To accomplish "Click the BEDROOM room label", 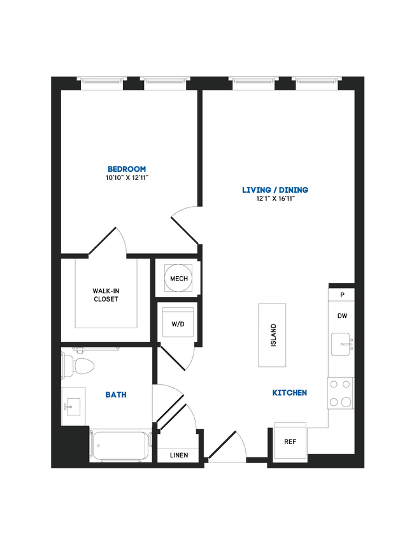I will click(127, 169).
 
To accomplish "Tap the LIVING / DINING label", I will click(275, 190).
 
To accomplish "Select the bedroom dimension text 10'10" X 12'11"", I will click(127, 177).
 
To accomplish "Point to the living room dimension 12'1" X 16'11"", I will click(275, 199).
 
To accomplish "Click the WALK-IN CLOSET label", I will click(106, 295).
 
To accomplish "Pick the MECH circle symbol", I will click(178, 278).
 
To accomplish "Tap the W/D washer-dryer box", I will click(178, 324).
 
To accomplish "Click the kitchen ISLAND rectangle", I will click(272, 335).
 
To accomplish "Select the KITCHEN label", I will click(290, 393).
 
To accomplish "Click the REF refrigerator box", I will click(290, 441).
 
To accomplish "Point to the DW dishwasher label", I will click(342, 316).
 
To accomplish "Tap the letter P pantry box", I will click(342, 295).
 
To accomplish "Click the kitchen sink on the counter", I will click(342, 344).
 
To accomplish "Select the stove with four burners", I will click(341, 393).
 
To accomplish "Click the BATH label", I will click(116, 394).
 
